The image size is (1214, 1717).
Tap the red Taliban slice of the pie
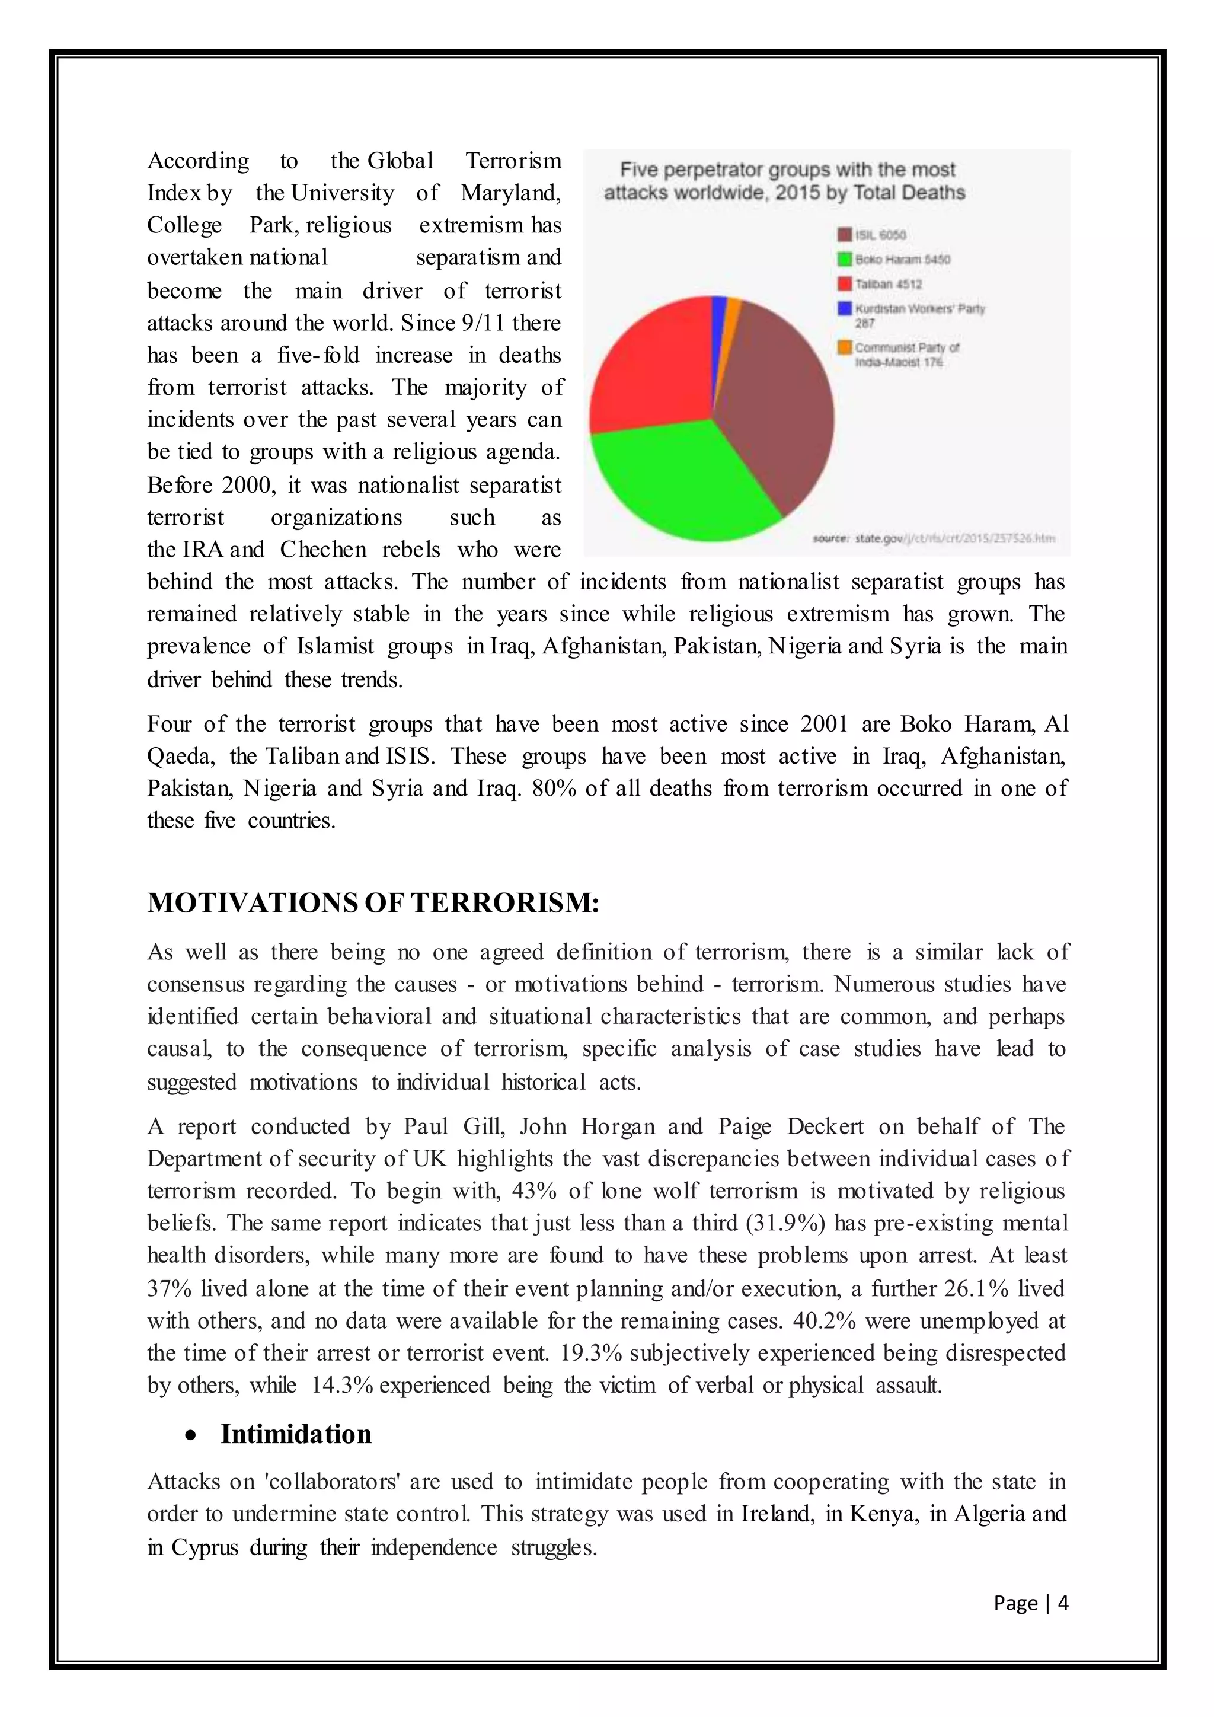[650, 359]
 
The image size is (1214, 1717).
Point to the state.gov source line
[934, 538]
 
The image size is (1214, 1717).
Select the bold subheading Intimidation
[296, 1434]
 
